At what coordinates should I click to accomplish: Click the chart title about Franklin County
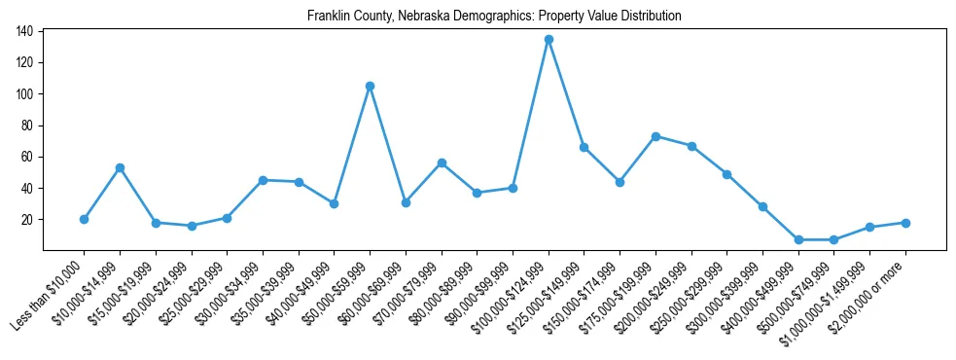click(x=494, y=17)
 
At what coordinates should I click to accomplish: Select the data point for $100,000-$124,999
click(x=549, y=39)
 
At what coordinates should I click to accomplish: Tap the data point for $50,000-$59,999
click(x=370, y=86)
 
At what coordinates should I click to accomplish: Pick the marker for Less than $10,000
click(x=84, y=219)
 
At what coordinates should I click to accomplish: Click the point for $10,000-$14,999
click(x=120, y=167)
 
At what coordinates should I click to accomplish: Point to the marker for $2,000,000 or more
click(x=905, y=223)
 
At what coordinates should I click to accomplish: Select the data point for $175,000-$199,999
click(x=655, y=136)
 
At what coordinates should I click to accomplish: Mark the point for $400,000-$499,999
click(x=798, y=239)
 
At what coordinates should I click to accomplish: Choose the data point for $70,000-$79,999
click(x=442, y=162)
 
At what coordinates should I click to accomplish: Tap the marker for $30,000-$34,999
click(x=263, y=180)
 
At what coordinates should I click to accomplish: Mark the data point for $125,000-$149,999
click(x=584, y=147)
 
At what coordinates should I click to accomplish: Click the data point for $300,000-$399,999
click(x=762, y=206)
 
